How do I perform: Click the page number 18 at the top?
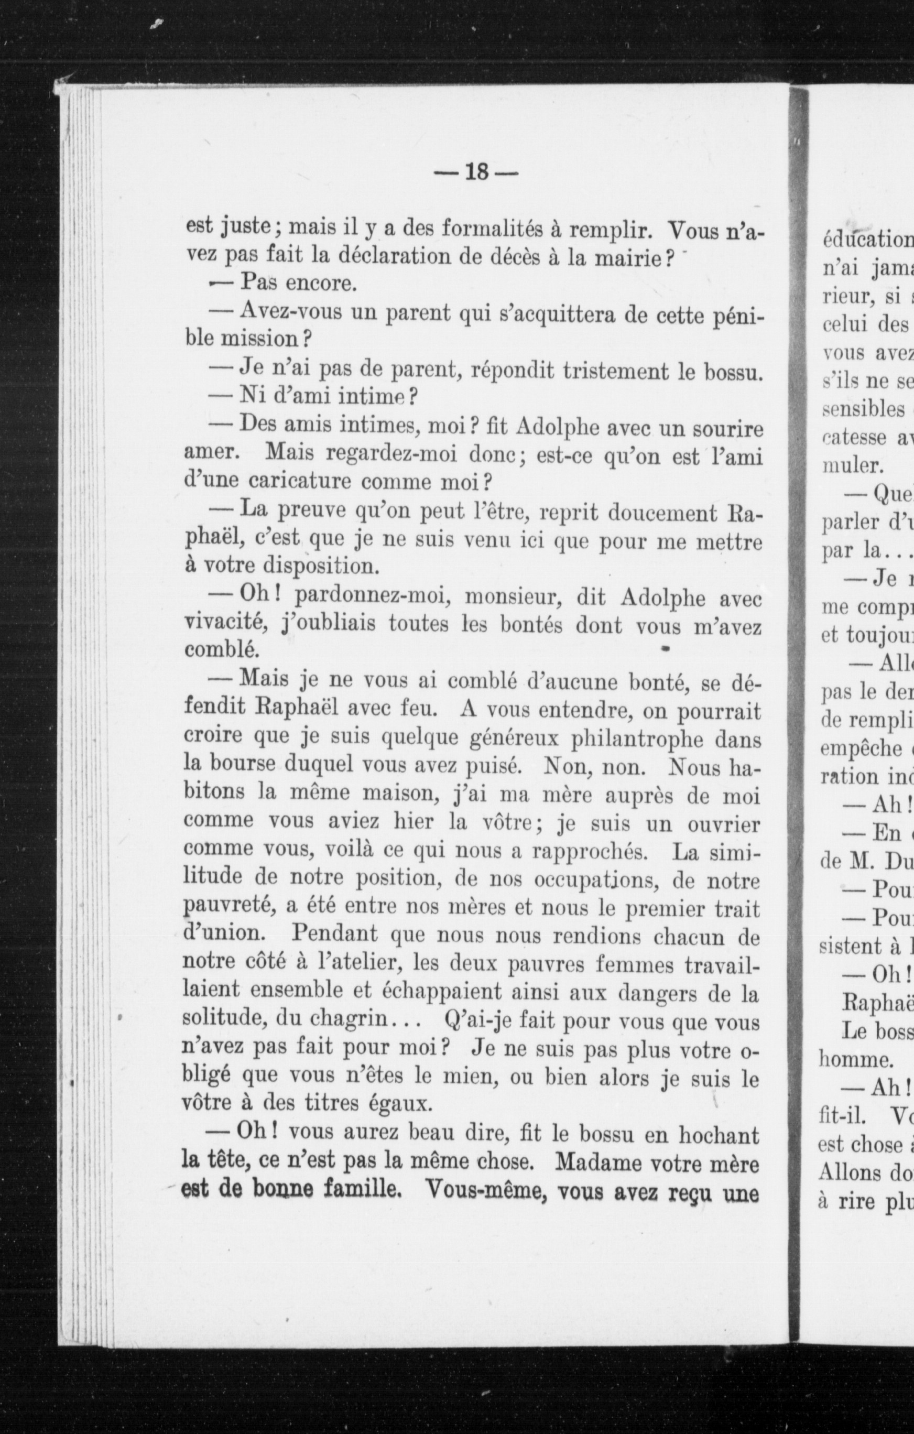click(476, 173)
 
